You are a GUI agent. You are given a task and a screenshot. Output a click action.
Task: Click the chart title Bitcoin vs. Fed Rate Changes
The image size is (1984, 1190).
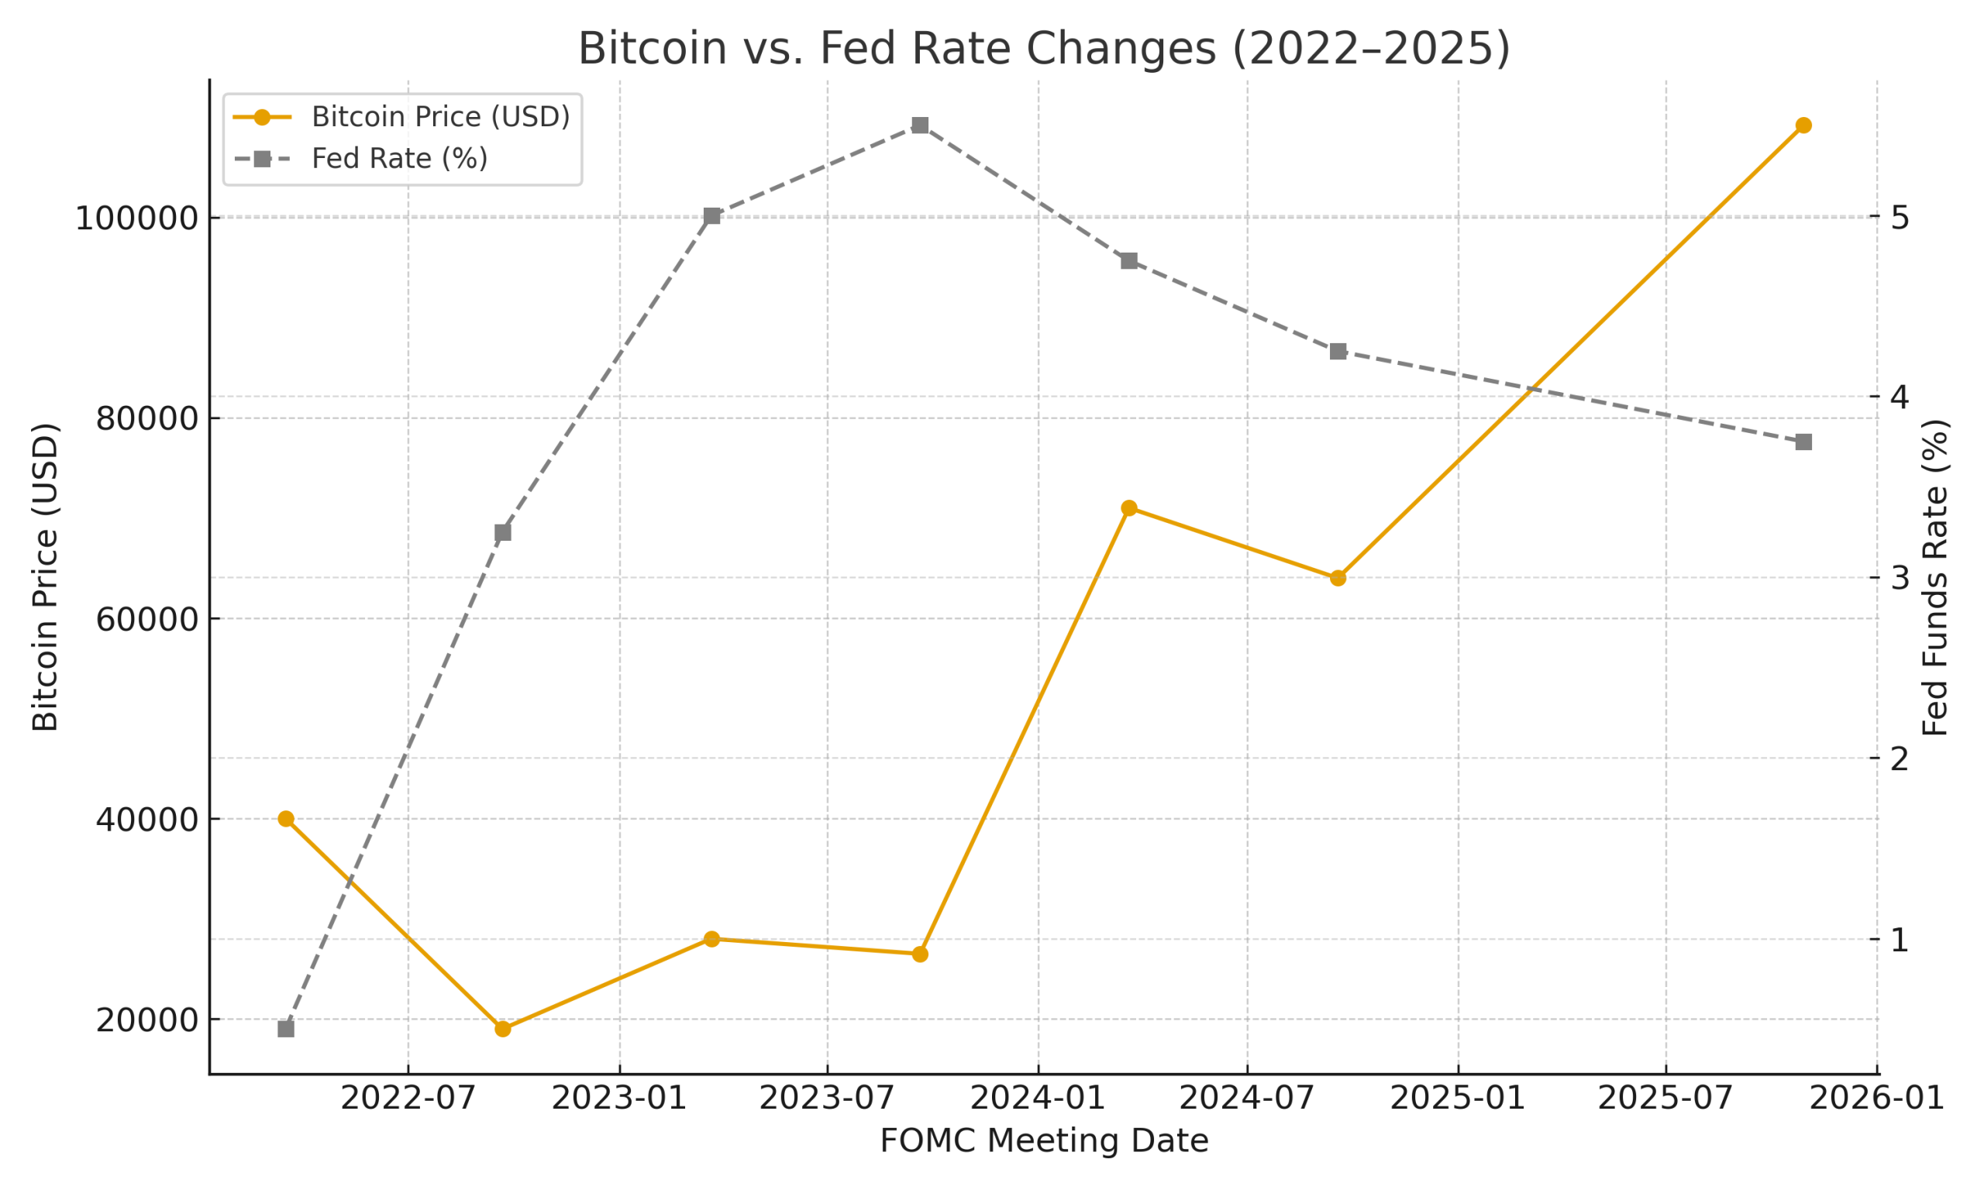tap(1043, 49)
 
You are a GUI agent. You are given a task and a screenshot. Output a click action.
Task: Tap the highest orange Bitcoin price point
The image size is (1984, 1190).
tap(1803, 125)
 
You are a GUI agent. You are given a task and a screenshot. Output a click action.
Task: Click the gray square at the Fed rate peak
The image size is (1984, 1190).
tap(920, 125)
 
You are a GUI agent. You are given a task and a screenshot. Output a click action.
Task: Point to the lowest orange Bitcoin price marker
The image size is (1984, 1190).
tap(503, 1029)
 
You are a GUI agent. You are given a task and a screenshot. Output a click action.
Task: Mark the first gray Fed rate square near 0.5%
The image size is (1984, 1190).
tap(285, 1029)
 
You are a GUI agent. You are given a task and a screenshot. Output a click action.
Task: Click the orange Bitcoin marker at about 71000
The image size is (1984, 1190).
tap(1129, 507)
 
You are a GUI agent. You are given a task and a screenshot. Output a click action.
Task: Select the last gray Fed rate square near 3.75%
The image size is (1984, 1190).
tap(1803, 442)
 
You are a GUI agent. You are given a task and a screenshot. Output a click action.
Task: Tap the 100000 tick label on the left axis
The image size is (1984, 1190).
tap(136, 219)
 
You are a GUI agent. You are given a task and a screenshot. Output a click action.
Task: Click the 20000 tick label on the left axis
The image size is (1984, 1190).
tap(146, 1021)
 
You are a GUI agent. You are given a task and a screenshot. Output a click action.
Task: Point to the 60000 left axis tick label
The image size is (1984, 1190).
tap(146, 620)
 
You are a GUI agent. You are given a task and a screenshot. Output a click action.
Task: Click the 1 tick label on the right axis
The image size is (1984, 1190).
tap(1900, 941)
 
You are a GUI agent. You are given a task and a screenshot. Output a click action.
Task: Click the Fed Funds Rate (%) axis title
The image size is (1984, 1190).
tap(1936, 577)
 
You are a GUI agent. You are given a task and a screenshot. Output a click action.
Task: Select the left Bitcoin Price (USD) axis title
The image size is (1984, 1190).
tap(46, 577)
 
